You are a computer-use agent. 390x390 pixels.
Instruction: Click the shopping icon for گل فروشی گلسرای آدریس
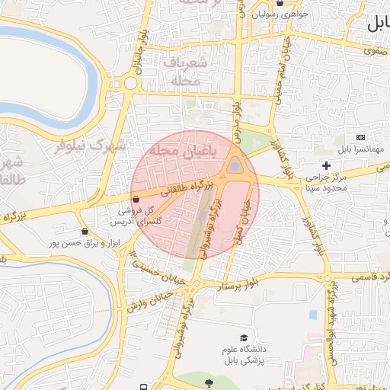click(136, 198)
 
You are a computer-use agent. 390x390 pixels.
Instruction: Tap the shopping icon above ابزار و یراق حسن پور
click(84, 232)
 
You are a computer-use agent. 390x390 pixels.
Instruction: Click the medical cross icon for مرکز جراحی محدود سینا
click(327, 165)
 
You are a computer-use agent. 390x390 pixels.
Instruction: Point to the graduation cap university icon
click(244, 337)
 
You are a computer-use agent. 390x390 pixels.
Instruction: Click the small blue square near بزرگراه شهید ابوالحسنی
click(312, 314)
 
